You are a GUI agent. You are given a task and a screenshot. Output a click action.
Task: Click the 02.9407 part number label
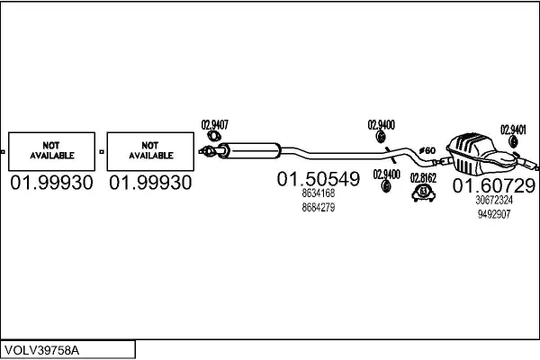214,124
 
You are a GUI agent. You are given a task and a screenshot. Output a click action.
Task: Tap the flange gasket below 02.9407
211,148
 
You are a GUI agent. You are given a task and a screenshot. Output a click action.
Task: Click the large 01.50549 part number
318,180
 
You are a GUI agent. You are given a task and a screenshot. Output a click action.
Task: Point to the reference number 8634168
319,193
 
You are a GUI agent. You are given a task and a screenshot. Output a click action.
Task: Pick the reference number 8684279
319,207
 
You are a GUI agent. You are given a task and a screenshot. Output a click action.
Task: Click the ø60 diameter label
427,149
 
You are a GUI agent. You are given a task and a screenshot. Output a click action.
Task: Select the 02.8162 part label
423,178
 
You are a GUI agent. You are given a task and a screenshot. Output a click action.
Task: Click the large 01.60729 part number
493,185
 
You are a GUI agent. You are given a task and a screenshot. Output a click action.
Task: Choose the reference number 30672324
493,200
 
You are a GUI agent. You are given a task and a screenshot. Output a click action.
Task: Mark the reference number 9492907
493,213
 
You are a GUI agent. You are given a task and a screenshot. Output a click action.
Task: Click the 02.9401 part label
514,129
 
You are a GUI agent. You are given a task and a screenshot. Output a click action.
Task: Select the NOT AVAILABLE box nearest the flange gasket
149,149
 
